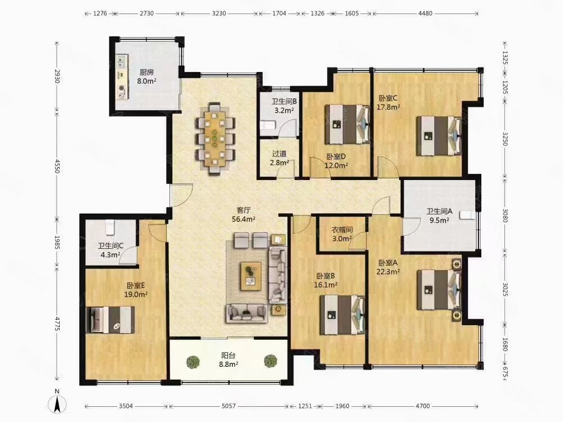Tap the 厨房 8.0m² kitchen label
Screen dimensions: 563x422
[x=146, y=77]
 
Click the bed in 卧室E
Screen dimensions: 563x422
[x=110, y=320]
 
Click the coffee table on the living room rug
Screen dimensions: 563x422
[x=251, y=276]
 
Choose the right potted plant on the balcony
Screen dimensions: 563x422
[x=271, y=361]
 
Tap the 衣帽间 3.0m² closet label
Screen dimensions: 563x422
[x=341, y=234]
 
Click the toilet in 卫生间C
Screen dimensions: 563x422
[x=110, y=227]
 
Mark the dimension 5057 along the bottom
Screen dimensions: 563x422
[x=229, y=406]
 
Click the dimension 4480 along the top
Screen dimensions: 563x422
[x=425, y=14]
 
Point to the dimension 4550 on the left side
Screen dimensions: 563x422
[x=57, y=165]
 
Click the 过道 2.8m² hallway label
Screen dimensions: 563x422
[x=280, y=158]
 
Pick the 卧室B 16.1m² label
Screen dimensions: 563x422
[x=327, y=280]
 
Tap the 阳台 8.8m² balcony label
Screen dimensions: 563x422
[x=229, y=360]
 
